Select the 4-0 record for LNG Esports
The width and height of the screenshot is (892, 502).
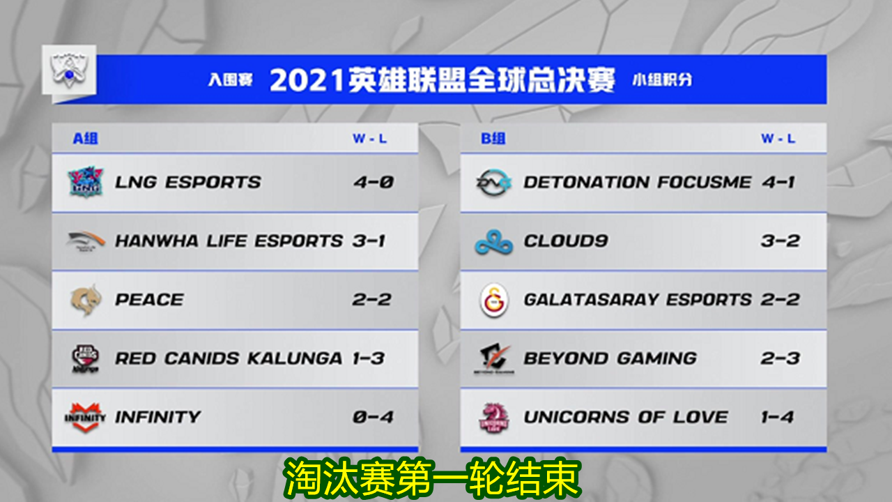373,183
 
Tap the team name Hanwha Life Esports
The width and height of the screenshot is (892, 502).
229,241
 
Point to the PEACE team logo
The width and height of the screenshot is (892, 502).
86,300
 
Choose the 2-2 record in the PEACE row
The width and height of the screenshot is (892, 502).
371,300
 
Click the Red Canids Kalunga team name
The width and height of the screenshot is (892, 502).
229,358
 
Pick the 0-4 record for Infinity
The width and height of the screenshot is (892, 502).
373,417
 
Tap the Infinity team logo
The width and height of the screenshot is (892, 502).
86,417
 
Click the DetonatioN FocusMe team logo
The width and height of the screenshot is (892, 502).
493,183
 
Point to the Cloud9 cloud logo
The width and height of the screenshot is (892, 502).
493,242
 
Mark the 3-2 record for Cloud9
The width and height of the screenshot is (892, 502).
780,241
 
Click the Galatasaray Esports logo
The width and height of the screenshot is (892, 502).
493,301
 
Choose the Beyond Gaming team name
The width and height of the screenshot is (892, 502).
610,358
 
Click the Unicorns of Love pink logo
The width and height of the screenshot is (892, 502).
493,417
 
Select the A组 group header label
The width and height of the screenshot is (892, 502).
85,138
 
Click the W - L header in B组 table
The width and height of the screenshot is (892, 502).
778,138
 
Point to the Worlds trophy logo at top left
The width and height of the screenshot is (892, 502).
68,70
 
